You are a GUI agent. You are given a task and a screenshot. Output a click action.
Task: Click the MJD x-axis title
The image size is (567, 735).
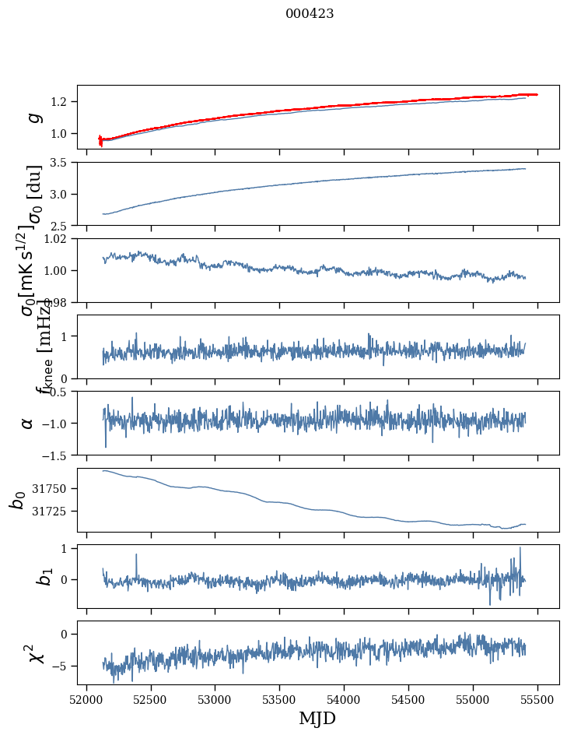[x=317, y=719]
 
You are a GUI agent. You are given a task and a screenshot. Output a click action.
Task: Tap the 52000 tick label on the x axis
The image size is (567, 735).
[x=86, y=701]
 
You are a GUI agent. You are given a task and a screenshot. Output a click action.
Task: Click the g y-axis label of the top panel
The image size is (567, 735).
[x=32, y=117]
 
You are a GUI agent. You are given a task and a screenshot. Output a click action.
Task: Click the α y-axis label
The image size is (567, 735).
[x=27, y=423]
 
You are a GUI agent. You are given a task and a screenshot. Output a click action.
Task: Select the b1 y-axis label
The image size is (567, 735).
[x=25, y=576]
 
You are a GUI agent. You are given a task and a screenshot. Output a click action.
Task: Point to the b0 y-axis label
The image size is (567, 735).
[x=17, y=500]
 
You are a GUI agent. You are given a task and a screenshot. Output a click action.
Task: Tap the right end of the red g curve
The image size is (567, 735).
[x=537, y=94]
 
